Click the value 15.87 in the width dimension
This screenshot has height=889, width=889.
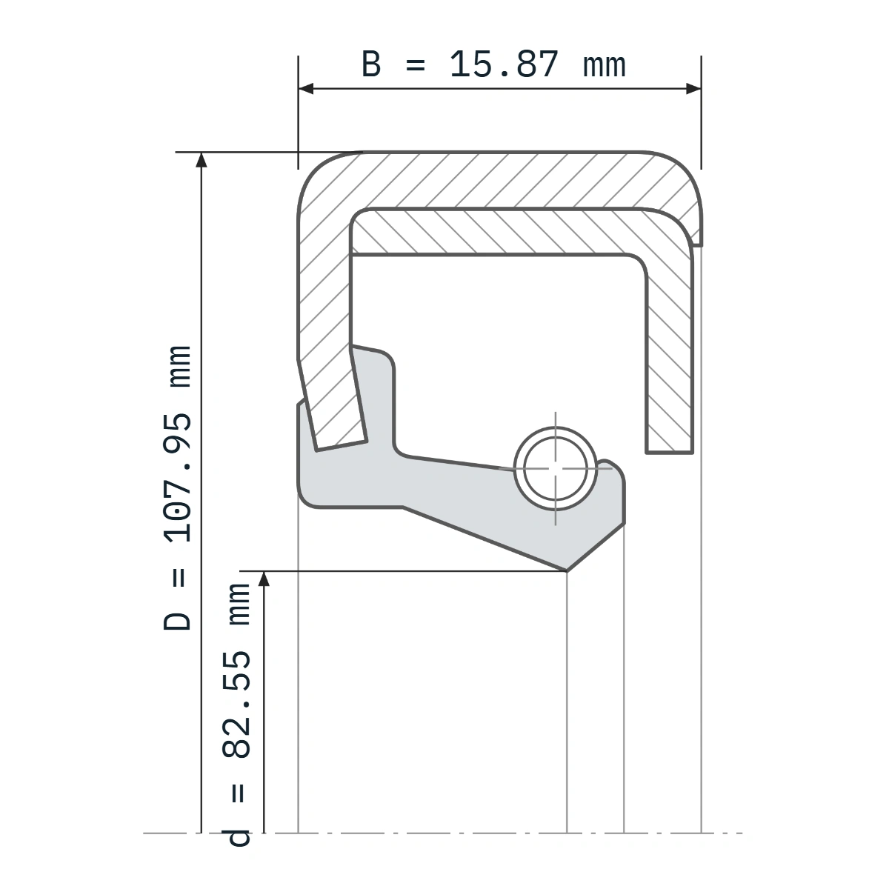pos(504,64)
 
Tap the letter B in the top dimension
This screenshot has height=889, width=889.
pos(371,64)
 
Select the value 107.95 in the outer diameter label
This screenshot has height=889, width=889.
pos(177,477)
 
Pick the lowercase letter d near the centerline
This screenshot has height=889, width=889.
pos(236,845)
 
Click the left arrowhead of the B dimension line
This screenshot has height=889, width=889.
pos(306,89)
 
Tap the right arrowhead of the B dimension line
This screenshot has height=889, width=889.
pos(693,89)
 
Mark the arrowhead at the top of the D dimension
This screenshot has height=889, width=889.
pos(202,159)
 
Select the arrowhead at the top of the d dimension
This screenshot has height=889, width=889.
pos(264,579)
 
